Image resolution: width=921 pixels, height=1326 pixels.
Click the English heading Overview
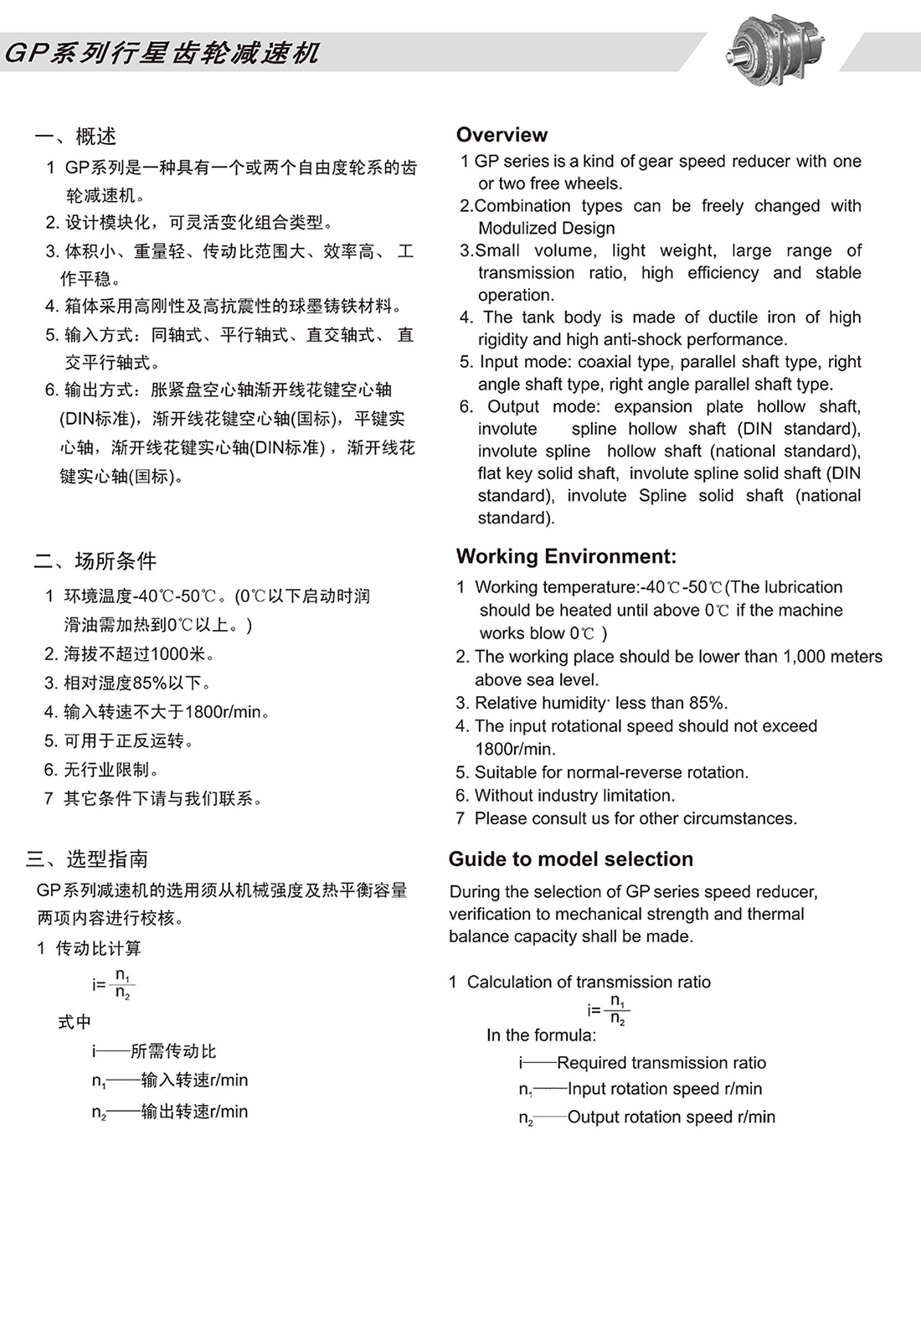point(502,135)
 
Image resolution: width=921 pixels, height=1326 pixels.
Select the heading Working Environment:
point(566,556)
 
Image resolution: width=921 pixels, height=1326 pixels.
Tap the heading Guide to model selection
point(570,859)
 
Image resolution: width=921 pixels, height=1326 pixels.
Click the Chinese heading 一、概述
point(75,136)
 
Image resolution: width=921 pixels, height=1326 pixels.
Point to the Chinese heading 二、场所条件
point(95,560)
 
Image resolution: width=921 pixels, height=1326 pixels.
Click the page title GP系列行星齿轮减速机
point(162,54)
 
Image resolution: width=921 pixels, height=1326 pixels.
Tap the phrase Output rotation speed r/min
point(671,1117)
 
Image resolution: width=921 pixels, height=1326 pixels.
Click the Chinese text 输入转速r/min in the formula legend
point(194,1081)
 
